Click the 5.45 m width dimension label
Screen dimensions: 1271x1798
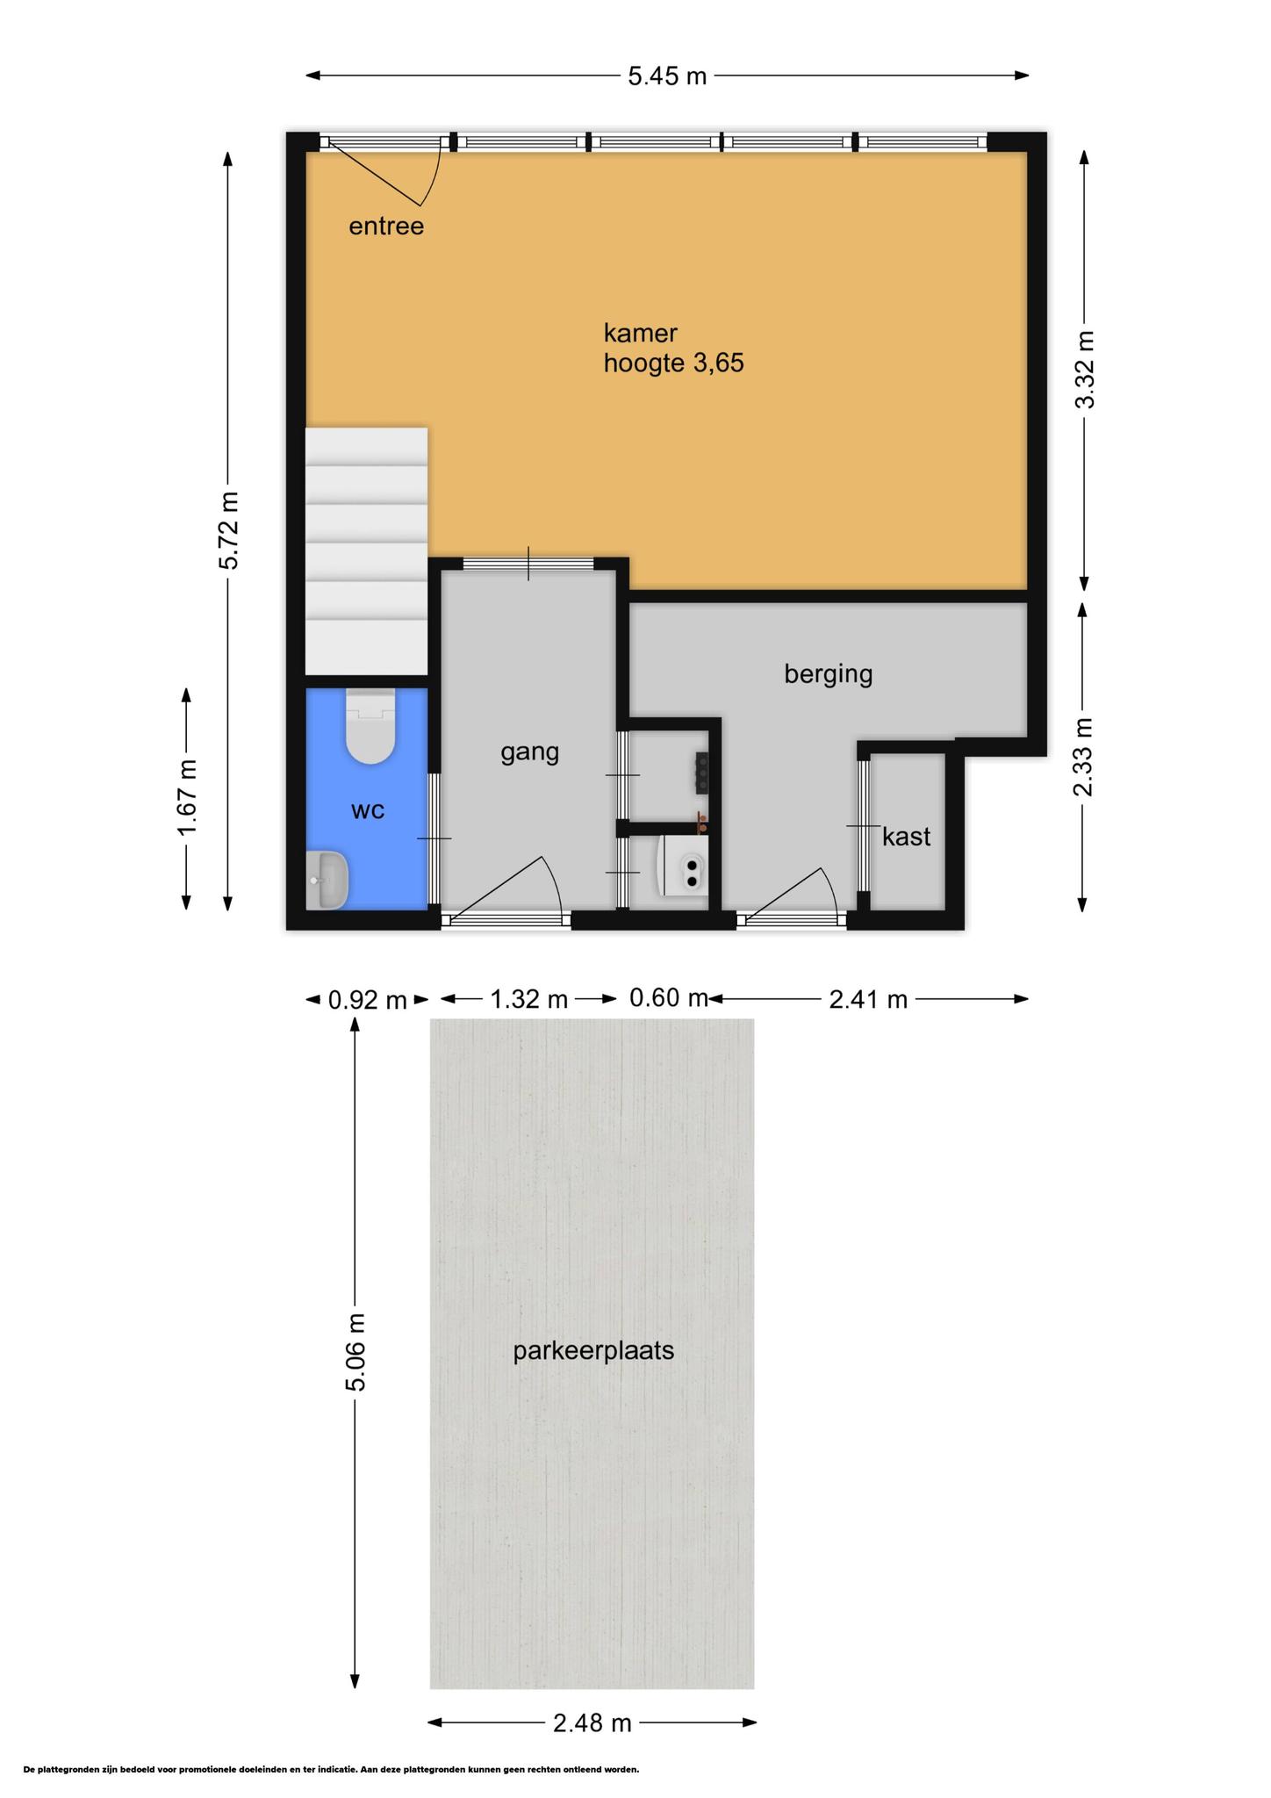[x=667, y=76]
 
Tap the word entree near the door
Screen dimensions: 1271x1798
[x=386, y=227]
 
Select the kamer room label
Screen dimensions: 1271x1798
[x=640, y=333]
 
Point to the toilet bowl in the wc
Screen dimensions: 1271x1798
[x=370, y=725]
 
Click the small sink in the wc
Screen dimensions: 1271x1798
[x=327, y=881]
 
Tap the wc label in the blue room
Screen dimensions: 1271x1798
[x=368, y=810]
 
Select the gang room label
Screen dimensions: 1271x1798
[x=529, y=752]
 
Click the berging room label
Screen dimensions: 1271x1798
[x=828, y=674]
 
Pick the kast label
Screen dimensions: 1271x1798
[x=906, y=837]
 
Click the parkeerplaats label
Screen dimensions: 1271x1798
[x=593, y=1350]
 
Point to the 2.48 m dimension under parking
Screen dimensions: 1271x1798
[x=592, y=1722]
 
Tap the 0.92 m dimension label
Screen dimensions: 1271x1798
[x=367, y=999]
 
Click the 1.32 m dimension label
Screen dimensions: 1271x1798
[x=528, y=999]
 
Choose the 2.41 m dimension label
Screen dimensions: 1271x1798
[x=867, y=999]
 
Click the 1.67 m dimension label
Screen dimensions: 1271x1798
[x=187, y=798]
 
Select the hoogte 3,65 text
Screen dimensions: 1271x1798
[x=673, y=363]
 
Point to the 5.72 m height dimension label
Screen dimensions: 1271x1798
[x=228, y=529]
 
